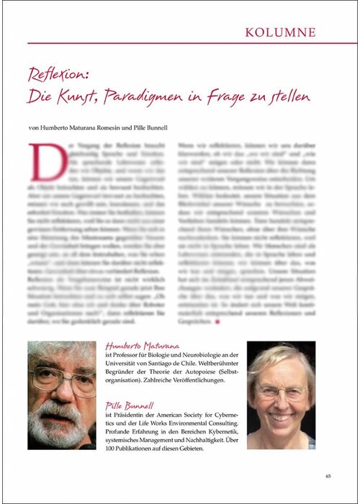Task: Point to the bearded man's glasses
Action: pos(68,377)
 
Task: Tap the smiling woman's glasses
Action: pos(282,393)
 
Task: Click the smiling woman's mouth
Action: pos(282,416)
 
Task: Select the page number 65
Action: pos(328,475)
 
